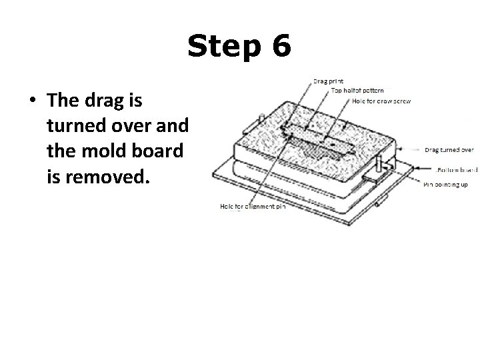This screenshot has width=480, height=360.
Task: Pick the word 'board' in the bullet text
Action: (159, 151)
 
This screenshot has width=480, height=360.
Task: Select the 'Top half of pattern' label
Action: (357, 91)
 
